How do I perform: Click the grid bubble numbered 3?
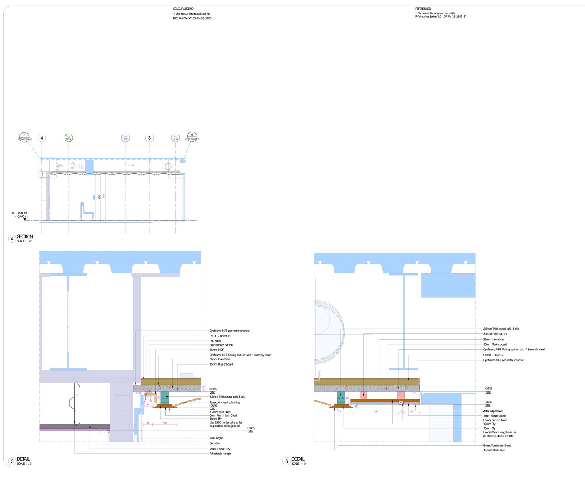tap(149, 138)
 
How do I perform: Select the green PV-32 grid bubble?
tap(69, 138)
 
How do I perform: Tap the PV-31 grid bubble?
tap(126, 138)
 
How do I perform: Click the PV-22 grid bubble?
tap(175, 138)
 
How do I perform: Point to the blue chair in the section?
tap(87, 211)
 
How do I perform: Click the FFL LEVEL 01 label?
tap(20, 213)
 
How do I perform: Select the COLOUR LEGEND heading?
tap(183, 9)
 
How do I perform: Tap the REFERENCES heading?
tap(423, 9)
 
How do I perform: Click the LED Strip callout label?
tap(215, 341)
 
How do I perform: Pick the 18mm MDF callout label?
tap(217, 350)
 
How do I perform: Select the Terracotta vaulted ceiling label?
tap(225, 402)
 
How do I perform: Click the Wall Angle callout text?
tap(216, 438)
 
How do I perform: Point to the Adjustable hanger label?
tap(220, 454)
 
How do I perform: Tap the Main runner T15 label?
tap(219, 449)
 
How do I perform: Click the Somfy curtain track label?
tap(495, 420)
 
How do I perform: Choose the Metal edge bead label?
tap(492, 411)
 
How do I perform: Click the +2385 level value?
tap(251, 428)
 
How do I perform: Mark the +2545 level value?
tap(488, 402)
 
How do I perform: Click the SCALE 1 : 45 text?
tap(24, 241)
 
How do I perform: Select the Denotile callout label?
tap(214, 443)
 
